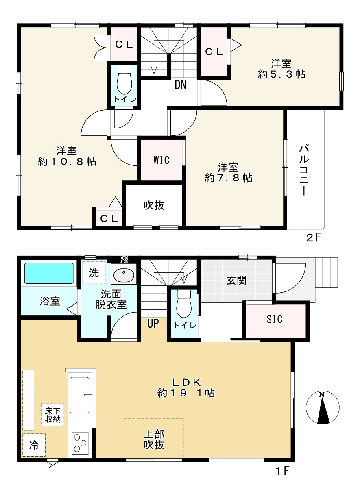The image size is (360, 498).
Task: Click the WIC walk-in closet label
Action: [x=161, y=160]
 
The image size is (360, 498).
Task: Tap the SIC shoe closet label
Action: [x=275, y=320]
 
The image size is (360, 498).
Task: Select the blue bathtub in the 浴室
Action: [x=49, y=274]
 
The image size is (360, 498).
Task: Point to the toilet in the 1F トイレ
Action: [x=184, y=304]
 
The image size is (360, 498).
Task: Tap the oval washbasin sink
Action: [x=124, y=275]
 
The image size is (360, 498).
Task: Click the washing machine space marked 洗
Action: [x=94, y=272]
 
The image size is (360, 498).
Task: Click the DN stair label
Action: [x=181, y=85]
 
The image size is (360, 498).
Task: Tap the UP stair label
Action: [x=153, y=323]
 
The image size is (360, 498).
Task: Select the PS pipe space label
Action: [x=124, y=259]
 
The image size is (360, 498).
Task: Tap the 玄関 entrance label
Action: [x=236, y=281]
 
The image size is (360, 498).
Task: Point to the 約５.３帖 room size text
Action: [x=281, y=74]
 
